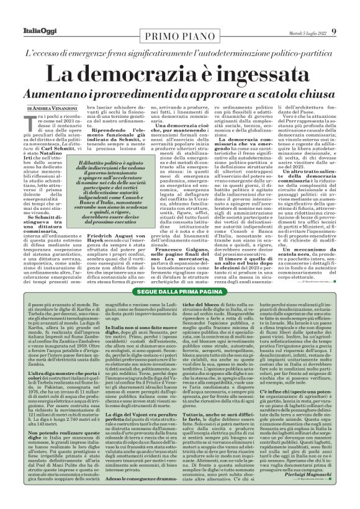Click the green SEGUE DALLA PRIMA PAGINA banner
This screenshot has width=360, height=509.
[x=179, y=292]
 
